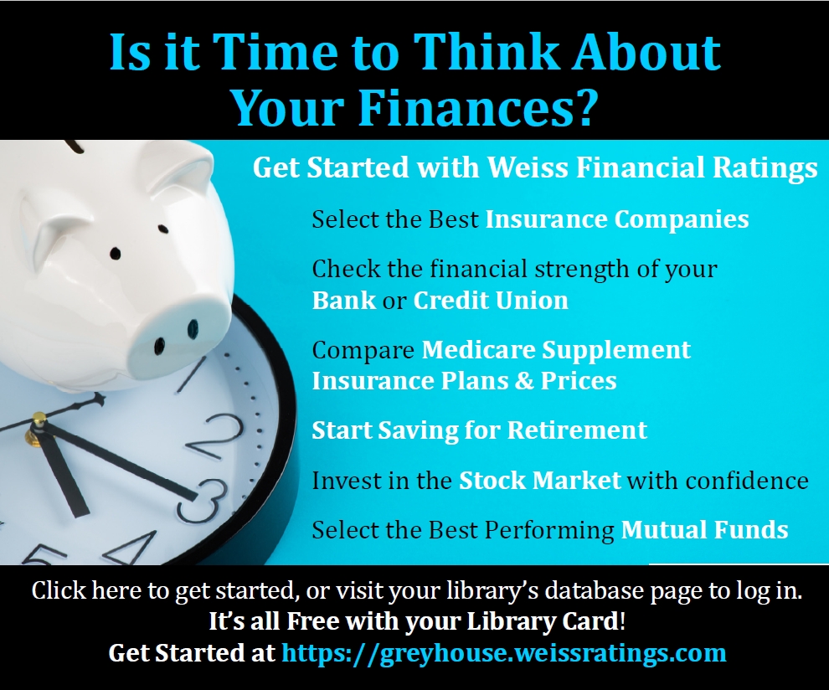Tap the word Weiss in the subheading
point(528,167)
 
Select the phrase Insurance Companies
point(617,219)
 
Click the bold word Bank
point(343,301)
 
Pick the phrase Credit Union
point(491,301)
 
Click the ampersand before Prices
point(524,381)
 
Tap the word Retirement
point(577,430)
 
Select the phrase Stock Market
point(540,481)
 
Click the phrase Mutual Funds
point(705,530)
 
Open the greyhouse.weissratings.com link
point(504,653)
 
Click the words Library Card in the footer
point(543,622)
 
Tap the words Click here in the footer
point(87,590)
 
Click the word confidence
point(747,481)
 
